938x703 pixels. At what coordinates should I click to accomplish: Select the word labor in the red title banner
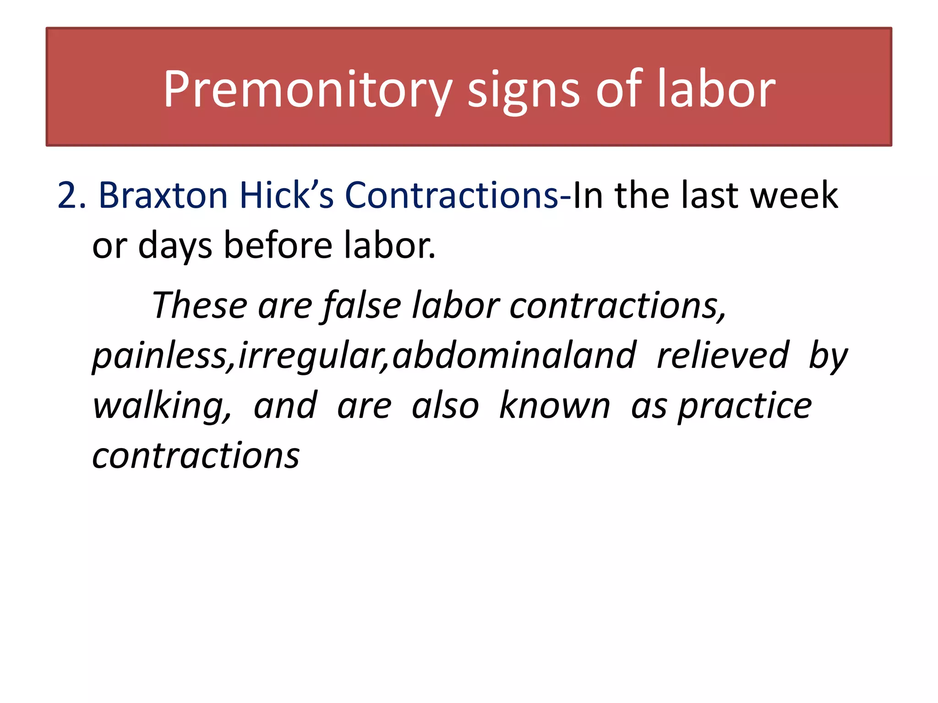tap(716, 89)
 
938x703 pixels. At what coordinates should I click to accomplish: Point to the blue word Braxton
tap(163, 195)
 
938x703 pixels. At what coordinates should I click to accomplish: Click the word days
tap(175, 246)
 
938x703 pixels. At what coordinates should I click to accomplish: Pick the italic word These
tap(200, 305)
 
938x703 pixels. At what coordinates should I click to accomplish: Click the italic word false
tap(362, 305)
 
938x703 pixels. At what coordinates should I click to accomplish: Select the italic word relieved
tap(723, 356)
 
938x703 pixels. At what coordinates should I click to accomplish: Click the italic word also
tap(445, 406)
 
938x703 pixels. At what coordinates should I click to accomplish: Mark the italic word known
tap(555, 406)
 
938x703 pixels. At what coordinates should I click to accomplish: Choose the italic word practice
tap(745, 406)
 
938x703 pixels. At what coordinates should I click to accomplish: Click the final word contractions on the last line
tap(196, 456)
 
